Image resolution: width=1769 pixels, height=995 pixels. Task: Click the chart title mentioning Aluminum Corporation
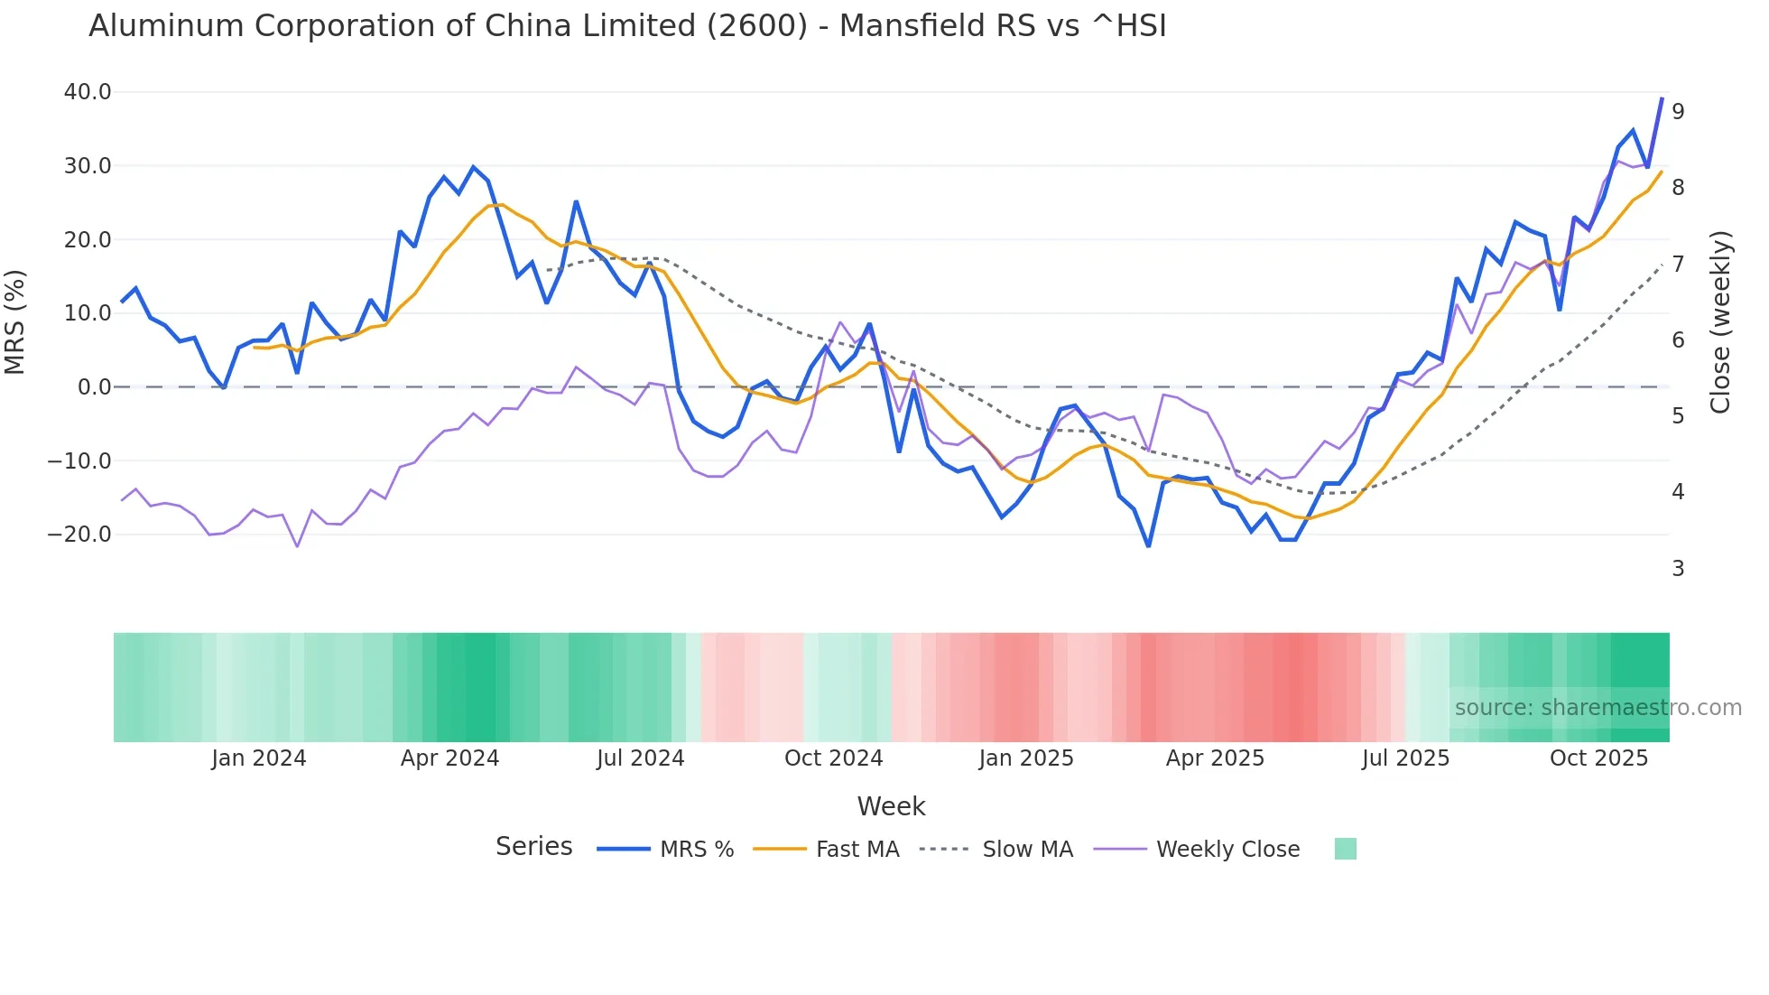pos(627,26)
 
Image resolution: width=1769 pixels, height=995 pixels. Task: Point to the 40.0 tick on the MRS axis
pos(88,92)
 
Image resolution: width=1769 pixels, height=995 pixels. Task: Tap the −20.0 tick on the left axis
pos(79,535)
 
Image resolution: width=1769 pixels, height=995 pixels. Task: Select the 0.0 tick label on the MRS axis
pos(95,387)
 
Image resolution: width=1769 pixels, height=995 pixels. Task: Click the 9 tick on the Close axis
pos(1678,112)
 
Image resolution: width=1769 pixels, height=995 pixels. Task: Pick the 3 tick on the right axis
pos(1678,569)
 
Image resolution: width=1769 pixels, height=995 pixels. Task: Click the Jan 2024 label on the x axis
pos(259,758)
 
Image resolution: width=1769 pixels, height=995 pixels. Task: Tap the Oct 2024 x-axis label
pos(833,758)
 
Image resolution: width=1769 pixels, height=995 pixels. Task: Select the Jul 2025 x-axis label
pos(1405,758)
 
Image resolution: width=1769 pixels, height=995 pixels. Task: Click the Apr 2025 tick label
pos(1215,758)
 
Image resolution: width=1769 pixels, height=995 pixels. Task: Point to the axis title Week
pos(891,806)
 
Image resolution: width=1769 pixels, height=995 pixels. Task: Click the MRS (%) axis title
pos(15,322)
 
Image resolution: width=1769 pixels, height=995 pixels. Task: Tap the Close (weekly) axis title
pos(1721,322)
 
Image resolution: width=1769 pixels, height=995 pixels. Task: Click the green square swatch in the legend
pos(1345,849)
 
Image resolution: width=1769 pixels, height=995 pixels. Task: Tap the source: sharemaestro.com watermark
pos(1598,708)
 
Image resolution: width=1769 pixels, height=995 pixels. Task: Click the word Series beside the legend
pos(533,847)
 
